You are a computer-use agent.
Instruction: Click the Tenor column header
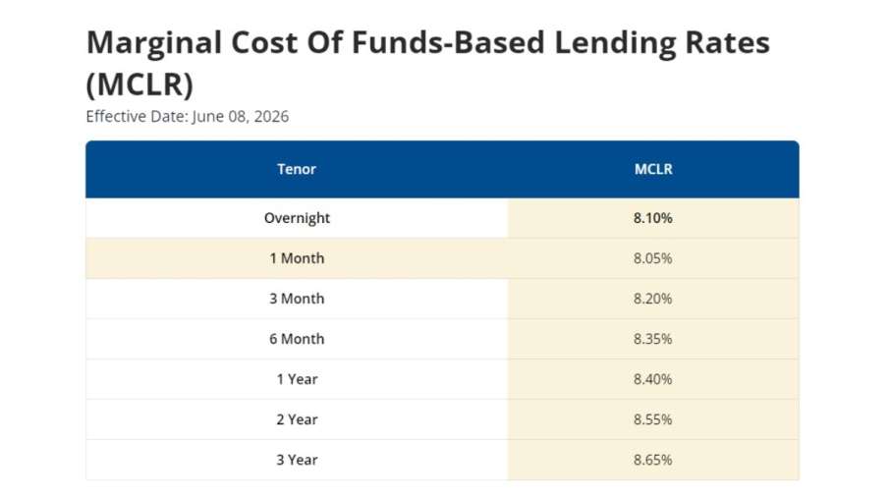click(x=297, y=169)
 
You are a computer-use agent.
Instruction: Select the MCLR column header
click(x=653, y=169)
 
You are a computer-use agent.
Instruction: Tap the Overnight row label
click(x=297, y=218)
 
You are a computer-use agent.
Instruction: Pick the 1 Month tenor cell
click(x=297, y=258)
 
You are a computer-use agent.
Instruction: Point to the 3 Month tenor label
click(x=297, y=299)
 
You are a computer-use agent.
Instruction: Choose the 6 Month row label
click(x=297, y=339)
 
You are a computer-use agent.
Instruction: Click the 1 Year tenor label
click(x=297, y=379)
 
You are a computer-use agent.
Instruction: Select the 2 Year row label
click(x=297, y=419)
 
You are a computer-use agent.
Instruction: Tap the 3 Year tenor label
click(x=297, y=460)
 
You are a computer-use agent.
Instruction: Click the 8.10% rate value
click(x=653, y=218)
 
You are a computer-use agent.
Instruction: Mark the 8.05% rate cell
click(x=653, y=258)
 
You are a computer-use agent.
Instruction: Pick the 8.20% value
click(x=653, y=299)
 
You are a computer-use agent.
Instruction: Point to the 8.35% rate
click(x=653, y=339)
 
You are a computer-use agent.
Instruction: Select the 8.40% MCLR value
click(x=653, y=379)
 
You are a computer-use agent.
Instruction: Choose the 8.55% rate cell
click(x=653, y=419)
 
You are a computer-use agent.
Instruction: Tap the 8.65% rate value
click(x=653, y=460)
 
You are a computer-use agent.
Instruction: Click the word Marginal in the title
click(x=153, y=43)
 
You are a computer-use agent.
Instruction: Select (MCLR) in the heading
click(x=139, y=84)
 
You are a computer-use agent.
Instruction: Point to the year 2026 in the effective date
click(x=271, y=116)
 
